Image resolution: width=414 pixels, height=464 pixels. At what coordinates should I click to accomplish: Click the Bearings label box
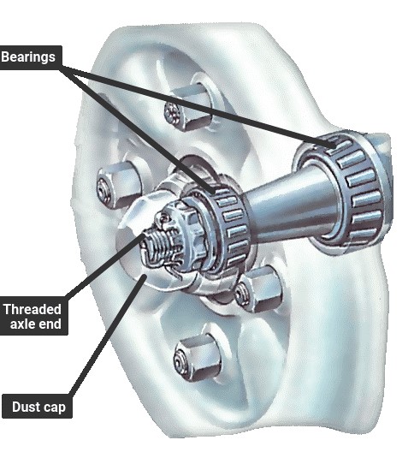[x=31, y=57]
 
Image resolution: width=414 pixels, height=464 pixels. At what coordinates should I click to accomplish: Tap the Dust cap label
[x=38, y=406]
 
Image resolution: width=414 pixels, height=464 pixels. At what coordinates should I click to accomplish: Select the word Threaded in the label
[x=33, y=310]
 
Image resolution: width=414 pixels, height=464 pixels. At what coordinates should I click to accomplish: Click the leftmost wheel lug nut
[x=119, y=185]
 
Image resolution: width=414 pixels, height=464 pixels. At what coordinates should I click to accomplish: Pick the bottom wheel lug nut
[x=198, y=359]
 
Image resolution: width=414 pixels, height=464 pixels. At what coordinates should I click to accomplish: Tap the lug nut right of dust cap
[x=258, y=289]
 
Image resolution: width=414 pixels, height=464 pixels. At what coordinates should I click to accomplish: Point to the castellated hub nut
[x=180, y=234]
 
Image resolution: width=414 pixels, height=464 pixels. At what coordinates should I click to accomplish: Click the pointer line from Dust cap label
[x=107, y=335]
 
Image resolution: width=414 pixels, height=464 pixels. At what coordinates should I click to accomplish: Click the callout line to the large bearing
[x=198, y=107]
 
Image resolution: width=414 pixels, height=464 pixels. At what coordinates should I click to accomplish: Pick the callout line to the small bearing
[x=139, y=129]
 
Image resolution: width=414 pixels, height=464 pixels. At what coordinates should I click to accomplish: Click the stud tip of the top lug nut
[x=172, y=113]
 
